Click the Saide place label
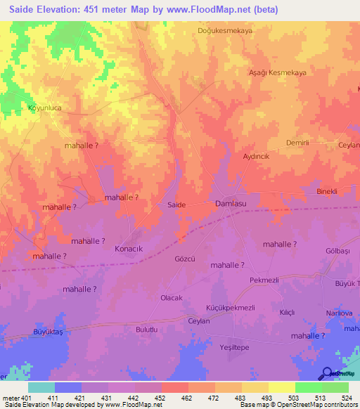coord(176,204)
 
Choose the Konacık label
coord(129,249)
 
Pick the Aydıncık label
coord(257,157)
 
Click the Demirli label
coord(298,143)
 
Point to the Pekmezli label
coord(264,280)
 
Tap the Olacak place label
coord(172,298)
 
